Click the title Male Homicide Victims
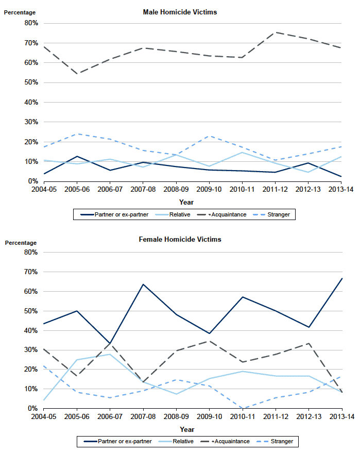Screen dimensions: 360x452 180,12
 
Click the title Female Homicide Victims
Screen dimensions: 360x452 180,239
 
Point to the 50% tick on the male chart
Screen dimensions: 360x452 31,82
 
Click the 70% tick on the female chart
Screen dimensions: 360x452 30,272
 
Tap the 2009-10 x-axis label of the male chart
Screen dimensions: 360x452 209,189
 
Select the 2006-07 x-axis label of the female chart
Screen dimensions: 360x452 110,416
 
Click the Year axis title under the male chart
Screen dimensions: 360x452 186,202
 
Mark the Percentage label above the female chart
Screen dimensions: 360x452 21,243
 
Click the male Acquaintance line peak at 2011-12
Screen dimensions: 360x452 276,32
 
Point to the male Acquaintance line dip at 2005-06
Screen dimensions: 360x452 77,74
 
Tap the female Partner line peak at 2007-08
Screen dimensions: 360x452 143,284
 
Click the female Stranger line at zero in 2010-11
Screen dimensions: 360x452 243,408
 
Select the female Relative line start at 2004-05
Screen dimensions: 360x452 44,400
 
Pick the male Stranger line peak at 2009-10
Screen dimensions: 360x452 209,136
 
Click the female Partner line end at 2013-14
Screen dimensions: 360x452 342,278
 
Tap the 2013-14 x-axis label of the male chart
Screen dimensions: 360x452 341,189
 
